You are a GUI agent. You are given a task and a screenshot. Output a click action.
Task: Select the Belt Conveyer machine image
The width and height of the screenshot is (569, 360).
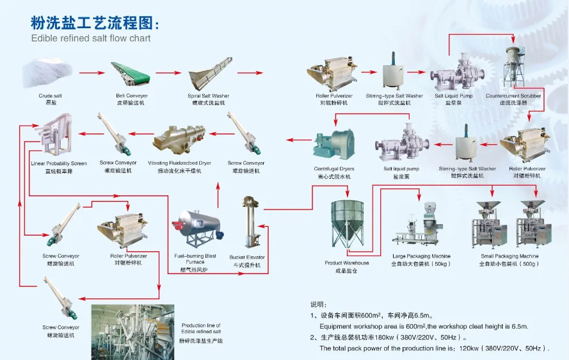click(130, 76)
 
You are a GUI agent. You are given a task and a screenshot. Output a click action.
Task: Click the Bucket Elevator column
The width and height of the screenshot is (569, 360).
click(246, 224)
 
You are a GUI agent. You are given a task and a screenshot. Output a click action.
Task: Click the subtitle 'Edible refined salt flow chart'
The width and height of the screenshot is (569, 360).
click(91, 38)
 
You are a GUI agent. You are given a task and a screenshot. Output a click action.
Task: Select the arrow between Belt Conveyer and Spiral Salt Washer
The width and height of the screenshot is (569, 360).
click(168, 73)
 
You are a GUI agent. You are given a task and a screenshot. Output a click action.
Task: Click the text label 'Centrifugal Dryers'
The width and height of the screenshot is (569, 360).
click(333, 169)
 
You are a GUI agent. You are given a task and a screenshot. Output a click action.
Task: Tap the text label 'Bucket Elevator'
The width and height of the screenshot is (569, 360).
click(246, 258)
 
